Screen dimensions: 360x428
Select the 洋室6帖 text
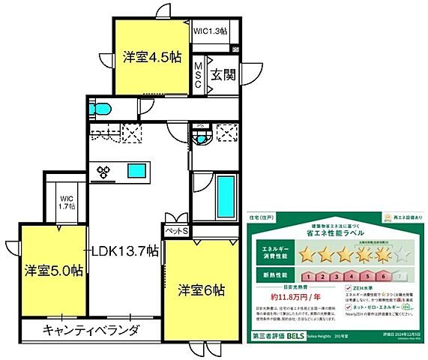[x=202, y=289]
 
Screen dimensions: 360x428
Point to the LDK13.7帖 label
[x=124, y=250]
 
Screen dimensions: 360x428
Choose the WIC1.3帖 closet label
[x=214, y=31]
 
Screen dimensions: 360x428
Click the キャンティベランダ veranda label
[x=91, y=330]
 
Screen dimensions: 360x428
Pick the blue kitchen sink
[x=136, y=169]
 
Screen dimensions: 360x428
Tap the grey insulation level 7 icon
[x=405, y=276]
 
